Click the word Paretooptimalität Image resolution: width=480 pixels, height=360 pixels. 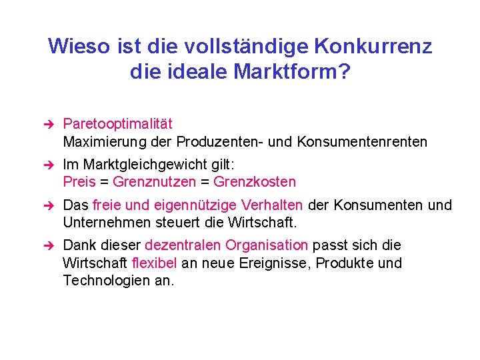coord(117,124)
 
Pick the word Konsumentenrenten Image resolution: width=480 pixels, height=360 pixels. coord(362,142)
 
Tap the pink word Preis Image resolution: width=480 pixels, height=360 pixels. coord(79,182)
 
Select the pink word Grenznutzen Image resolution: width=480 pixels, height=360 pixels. coord(154,182)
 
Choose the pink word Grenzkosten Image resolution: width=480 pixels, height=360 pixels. coord(255,182)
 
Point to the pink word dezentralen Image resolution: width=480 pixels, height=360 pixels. coord(182,245)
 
